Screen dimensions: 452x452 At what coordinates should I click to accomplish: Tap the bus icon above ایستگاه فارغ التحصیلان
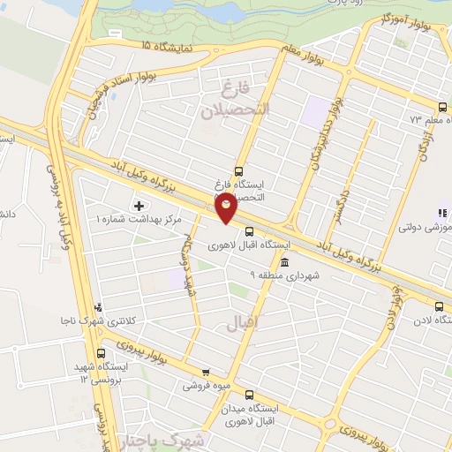pyautogui.click(x=237, y=172)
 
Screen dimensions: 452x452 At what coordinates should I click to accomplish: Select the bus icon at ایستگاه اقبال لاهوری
pyautogui.click(x=236, y=232)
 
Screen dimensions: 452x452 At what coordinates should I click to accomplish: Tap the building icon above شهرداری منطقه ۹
pyautogui.click(x=283, y=262)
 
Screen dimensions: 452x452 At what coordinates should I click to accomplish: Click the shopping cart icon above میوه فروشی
pyautogui.click(x=206, y=373)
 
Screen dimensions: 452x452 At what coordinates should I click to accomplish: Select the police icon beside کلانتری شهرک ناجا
pyautogui.click(x=97, y=308)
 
